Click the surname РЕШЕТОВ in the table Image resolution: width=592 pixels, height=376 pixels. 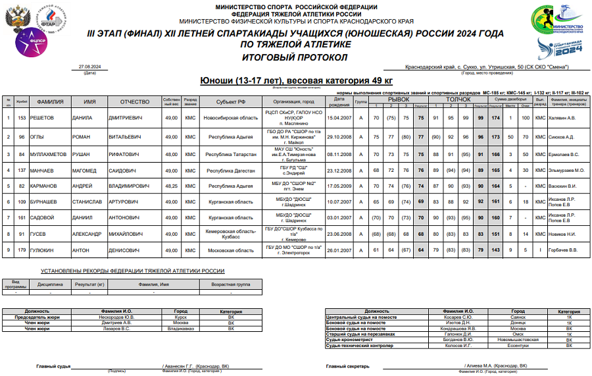45,118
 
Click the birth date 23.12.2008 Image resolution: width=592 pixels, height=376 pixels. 339,170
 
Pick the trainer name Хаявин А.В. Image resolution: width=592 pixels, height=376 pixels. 563,118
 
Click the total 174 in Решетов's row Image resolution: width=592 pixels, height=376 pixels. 496,118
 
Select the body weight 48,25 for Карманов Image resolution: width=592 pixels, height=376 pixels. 171,186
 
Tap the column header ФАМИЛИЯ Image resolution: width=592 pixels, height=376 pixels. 50,102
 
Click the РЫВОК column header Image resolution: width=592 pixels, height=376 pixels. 397,98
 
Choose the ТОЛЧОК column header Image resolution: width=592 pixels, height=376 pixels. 458,98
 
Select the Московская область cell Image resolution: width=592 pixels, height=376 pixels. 226,250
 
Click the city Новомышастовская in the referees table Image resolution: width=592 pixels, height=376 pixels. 518,339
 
